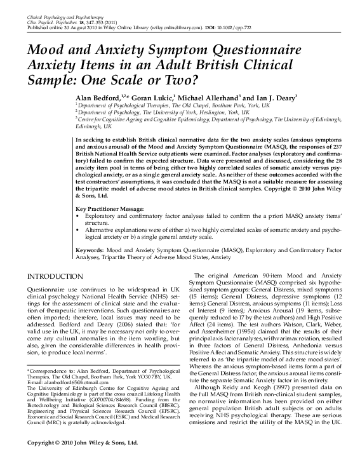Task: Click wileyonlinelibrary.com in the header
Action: [x=166, y=29]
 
